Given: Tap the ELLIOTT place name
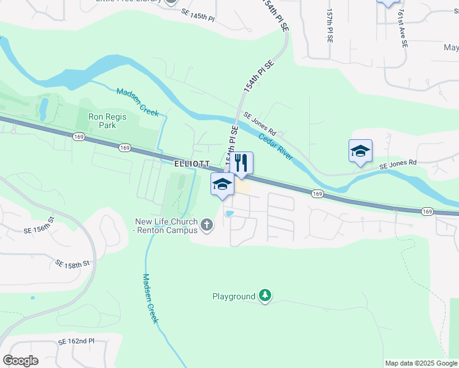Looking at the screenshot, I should pyautogui.click(x=192, y=164).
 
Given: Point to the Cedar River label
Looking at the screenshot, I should pyautogui.click(x=276, y=147).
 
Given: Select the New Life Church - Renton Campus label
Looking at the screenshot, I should pyautogui.click(x=166, y=226).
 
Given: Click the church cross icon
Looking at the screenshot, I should pyautogui.click(x=207, y=226).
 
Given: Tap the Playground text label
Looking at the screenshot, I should pyautogui.click(x=233, y=297).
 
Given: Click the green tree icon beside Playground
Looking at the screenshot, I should pyautogui.click(x=265, y=296).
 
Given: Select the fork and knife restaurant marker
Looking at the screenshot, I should pyautogui.click(x=242, y=163).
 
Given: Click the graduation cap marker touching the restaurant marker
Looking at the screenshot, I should pyautogui.click(x=222, y=184).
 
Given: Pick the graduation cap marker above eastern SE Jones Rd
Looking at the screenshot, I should pyautogui.click(x=360, y=151).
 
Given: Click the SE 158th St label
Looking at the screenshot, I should pyautogui.click(x=72, y=264).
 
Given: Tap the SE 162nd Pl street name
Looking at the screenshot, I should pyautogui.click(x=76, y=341).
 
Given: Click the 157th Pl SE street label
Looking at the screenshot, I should pyautogui.click(x=330, y=26).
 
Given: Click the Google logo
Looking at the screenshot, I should pyautogui.click(x=20, y=361).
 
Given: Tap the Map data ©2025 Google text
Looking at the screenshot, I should pyautogui.click(x=420, y=363).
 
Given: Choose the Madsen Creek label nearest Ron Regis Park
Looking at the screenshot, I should pyautogui.click(x=138, y=102).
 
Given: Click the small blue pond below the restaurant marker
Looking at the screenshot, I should pyautogui.click(x=229, y=213).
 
